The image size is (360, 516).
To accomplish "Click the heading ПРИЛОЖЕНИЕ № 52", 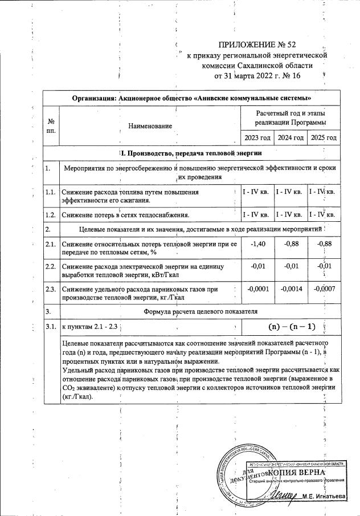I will [x=257, y=44].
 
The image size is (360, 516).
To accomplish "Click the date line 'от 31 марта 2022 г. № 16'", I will [x=257, y=75].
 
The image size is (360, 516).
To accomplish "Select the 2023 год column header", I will [x=257, y=138].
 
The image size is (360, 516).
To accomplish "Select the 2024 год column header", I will [x=291, y=138].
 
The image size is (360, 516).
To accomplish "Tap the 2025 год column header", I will [x=323, y=138].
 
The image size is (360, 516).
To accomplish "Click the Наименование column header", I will [x=150, y=125].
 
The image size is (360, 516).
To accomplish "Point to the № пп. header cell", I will [x=51, y=125].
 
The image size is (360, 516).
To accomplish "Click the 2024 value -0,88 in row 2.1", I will [x=292, y=245].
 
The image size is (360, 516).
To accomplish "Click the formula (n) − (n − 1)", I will [x=291, y=327].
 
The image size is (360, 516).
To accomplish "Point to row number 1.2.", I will [x=51, y=214].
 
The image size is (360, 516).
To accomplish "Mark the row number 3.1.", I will [x=51, y=327].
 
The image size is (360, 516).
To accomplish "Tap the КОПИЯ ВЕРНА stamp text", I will [x=296, y=473].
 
